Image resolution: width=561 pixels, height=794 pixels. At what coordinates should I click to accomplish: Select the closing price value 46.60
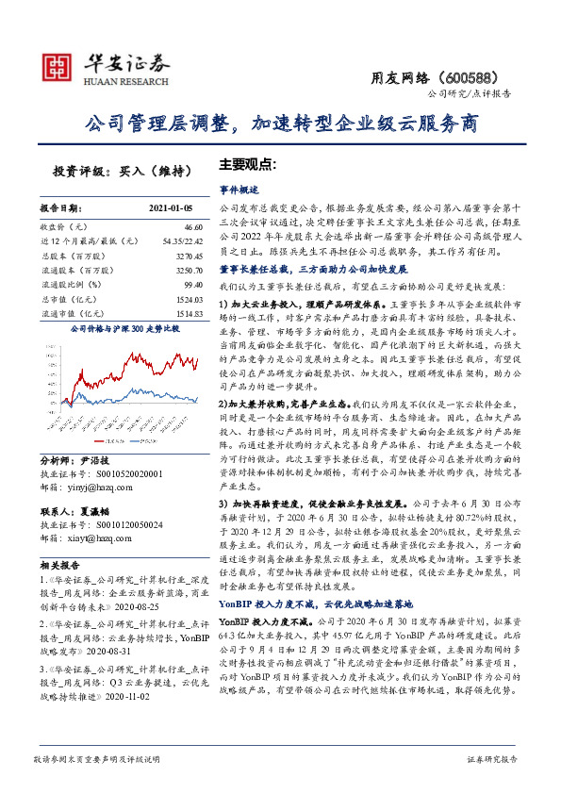click(193, 227)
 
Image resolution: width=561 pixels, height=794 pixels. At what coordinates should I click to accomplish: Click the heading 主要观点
click(247, 163)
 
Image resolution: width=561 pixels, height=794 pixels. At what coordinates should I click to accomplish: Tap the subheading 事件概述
click(238, 189)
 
